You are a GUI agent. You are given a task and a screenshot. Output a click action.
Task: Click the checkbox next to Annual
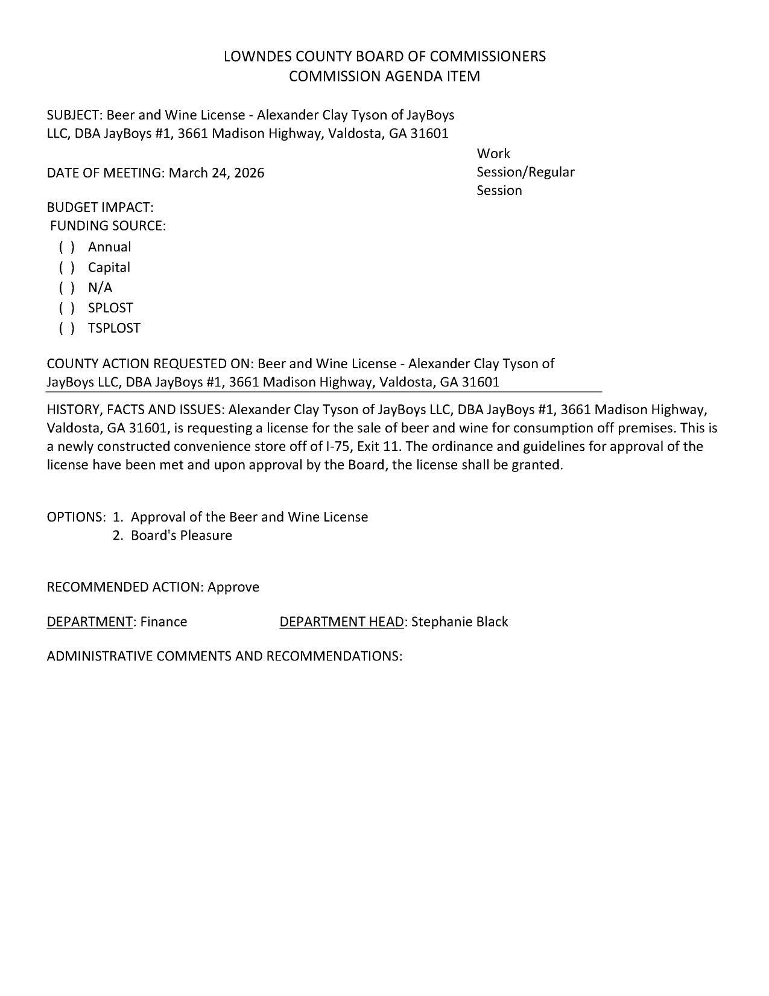tap(67, 247)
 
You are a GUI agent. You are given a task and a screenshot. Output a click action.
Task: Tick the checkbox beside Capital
tap(67, 267)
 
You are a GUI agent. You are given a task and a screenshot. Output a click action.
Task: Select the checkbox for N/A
tap(67, 288)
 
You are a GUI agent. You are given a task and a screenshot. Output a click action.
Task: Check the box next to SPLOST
tap(67, 308)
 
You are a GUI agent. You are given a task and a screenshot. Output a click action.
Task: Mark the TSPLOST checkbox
tap(67, 328)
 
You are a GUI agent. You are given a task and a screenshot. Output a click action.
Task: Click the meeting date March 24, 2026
tap(216, 173)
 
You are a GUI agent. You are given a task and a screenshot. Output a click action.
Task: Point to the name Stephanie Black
tap(460, 622)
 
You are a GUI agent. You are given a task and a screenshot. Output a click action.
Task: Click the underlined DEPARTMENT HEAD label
tap(341, 622)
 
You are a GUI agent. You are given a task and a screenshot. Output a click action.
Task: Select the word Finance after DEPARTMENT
tap(163, 622)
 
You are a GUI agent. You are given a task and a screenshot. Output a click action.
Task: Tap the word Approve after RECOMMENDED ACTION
tap(233, 587)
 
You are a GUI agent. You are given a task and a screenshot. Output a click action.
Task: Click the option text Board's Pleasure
tap(181, 535)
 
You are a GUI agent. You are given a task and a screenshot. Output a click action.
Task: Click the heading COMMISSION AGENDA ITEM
tap(384, 76)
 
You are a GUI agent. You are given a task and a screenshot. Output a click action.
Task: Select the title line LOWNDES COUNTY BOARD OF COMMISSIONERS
tap(384, 56)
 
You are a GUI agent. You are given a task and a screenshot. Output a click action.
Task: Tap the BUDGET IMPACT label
tap(100, 208)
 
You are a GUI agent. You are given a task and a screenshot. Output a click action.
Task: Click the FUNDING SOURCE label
tap(107, 226)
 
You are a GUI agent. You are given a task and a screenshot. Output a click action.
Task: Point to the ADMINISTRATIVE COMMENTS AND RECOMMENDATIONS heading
tap(224, 656)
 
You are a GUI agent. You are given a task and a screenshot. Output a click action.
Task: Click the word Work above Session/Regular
tap(493, 154)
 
